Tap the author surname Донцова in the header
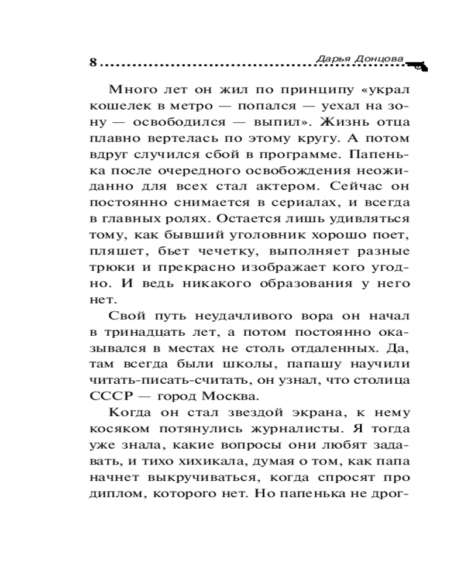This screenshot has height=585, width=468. [x=378, y=58]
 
